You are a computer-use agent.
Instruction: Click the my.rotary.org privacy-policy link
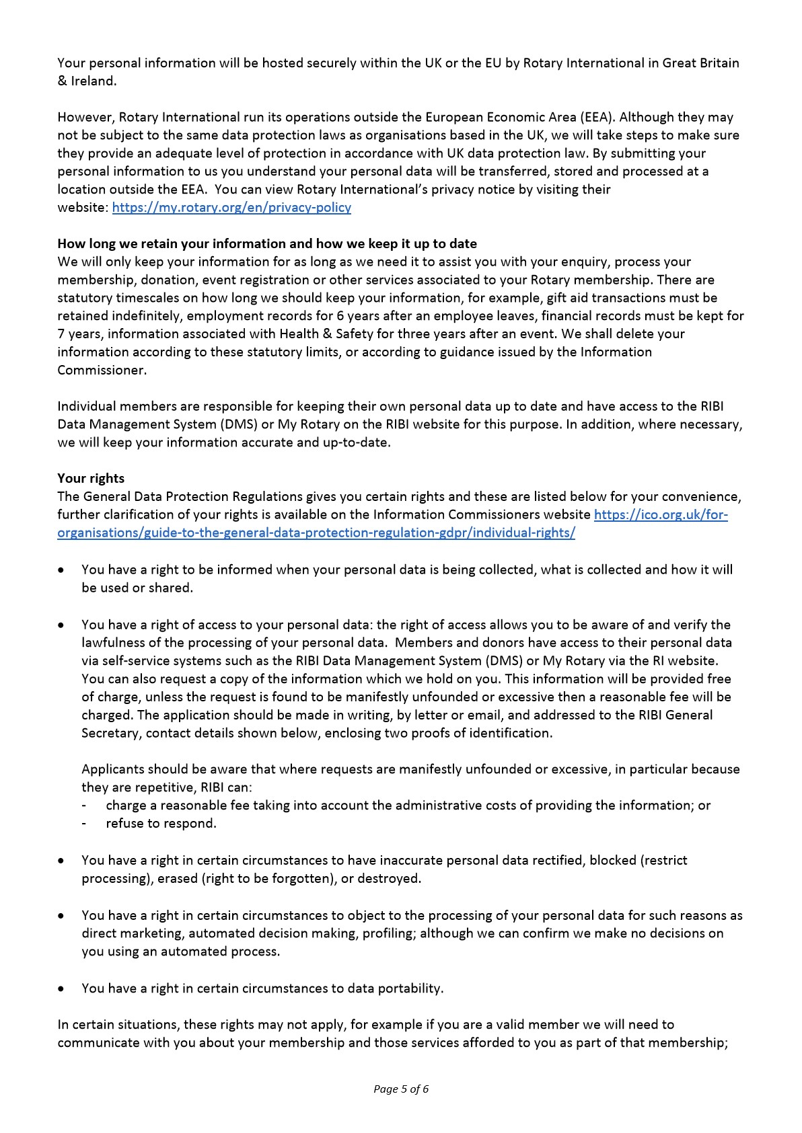231,207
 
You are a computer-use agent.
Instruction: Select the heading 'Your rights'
91,478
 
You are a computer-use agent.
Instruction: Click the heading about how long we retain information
267,243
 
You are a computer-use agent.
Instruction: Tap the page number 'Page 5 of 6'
401,1089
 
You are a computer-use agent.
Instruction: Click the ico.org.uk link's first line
661,514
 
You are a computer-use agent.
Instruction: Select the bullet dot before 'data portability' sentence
62,989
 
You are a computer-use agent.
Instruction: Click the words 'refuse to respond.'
161,823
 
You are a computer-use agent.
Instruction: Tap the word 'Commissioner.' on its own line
102,370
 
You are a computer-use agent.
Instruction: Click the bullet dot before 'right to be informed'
62,570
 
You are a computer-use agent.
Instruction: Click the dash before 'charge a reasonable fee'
84,806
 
